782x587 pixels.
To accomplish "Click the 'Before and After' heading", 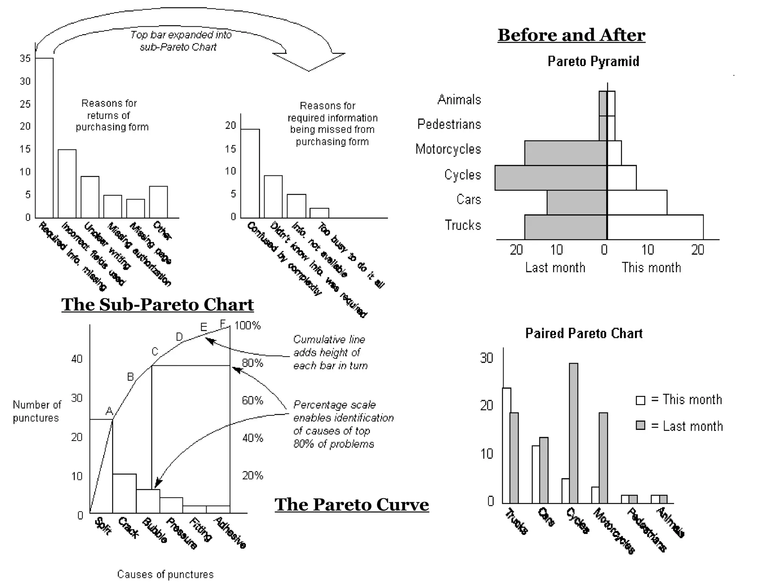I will (571, 35).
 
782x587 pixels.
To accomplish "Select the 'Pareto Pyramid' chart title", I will (593, 61).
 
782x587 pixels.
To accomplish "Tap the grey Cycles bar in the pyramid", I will (551, 178).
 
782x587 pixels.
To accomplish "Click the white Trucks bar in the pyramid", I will (655, 227).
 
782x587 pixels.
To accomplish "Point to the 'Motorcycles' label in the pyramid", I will (448, 149).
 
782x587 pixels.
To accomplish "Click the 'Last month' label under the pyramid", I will (555, 268).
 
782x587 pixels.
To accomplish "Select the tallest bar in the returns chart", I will (44, 138).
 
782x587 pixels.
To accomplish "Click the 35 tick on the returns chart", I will (25, 58).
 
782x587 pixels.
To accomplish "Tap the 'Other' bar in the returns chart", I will (158, 202).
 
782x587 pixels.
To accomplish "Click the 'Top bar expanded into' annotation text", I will (181, 35).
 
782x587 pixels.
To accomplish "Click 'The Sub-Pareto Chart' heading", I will (157, 305).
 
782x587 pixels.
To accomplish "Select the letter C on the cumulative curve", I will (155, 352).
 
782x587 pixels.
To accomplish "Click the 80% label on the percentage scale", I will (252, 363).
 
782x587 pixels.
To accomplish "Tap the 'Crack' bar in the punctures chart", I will (124, 493).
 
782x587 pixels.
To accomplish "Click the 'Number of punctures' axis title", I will (37, 411).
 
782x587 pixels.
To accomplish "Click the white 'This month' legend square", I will (640, 400).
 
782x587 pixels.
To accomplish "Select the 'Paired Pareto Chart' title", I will (583, 333).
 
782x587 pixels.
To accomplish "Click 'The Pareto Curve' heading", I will (351, 504).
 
